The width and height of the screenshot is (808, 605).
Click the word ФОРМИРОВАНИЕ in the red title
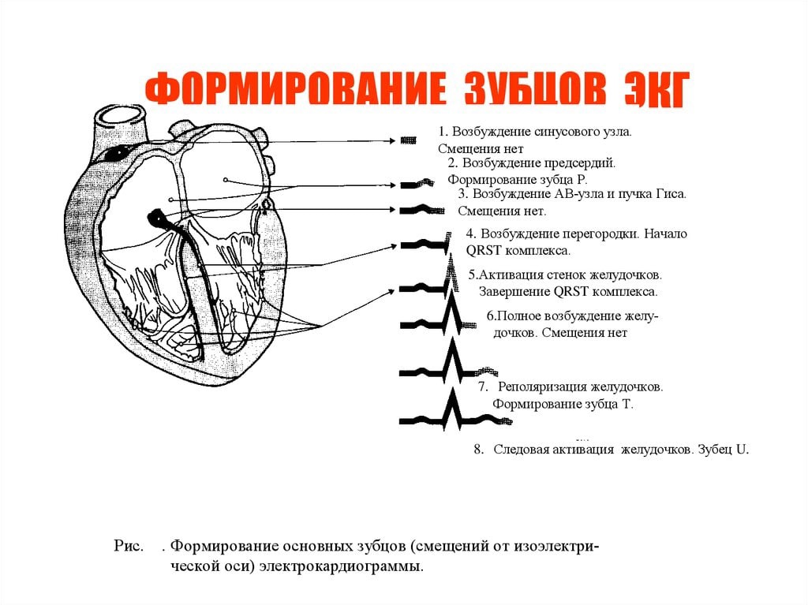click(x=295, y=90)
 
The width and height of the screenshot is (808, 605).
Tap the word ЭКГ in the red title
click(x=655, y=90)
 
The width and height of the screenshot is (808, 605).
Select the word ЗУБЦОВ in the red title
click(x=535, y=90)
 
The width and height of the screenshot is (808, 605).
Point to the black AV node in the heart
click(x=155, y=218)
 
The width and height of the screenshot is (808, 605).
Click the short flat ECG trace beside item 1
click(x=409, y=140)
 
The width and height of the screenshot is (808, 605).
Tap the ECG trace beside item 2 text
click(x=417, y=184)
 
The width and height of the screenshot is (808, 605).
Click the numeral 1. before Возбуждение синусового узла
click(x=443, y=132)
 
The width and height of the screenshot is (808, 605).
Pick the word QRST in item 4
click(x=484, y=251)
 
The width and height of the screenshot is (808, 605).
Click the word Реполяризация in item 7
click(x=543, y=387)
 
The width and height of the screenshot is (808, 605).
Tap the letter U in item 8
click(x=741, y=450)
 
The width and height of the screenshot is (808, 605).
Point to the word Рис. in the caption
click(x=129, y=547)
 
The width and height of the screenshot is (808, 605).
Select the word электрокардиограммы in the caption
click(x=341, y=567)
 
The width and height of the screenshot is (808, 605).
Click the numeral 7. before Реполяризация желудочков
click(x=483, y=387)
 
